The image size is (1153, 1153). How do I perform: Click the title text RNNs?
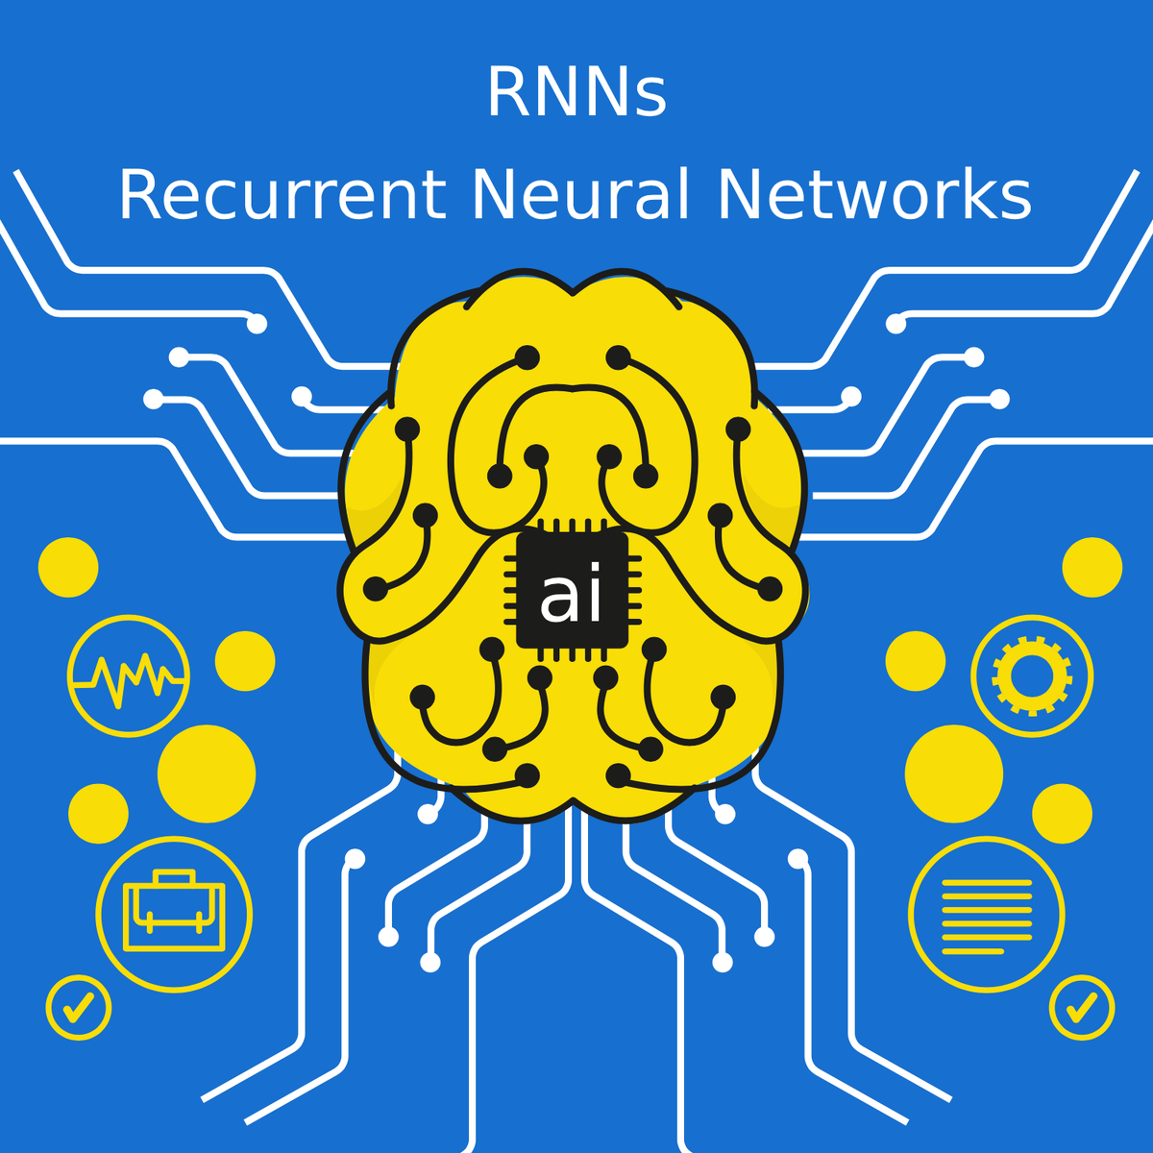(576, 93)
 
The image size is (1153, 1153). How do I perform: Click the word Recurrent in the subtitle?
(282, 195)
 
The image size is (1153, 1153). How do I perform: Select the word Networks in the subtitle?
(873, 195)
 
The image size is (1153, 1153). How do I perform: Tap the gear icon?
(1032, 675)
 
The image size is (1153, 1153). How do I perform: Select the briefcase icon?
(174, 914)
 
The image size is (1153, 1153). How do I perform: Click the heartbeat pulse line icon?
(128, 676)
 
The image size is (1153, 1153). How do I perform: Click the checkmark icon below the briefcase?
(79, 1007)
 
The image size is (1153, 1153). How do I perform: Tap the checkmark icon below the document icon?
(1082, 1007)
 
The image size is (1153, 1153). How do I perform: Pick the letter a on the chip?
(558, 598)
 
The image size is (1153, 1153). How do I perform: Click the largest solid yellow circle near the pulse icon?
(207, 773)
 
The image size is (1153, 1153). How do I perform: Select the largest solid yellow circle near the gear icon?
(953, 773)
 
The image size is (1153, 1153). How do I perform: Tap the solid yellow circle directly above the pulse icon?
(68, 567)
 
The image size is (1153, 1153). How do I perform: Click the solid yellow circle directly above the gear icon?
(1092, 567)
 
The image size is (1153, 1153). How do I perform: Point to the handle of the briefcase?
(174, 877)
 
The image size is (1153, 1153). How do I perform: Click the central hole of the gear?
(1032, 675)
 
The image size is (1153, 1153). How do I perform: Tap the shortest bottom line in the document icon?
(972, 951)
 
